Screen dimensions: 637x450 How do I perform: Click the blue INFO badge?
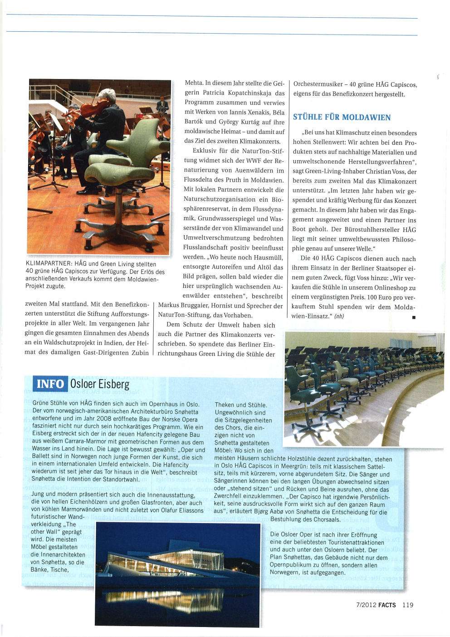[50, 384]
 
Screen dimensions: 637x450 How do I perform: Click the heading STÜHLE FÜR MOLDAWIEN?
[342, 117]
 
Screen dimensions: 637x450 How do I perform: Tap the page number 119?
[407, 605]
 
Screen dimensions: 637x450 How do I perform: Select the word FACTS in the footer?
[387, 605]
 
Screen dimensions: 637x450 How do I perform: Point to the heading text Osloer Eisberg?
[100, 384]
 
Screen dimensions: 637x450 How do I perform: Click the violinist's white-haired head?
[108, 95]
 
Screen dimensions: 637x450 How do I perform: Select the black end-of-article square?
[414, 317]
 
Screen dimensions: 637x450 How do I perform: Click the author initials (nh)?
[339, 316]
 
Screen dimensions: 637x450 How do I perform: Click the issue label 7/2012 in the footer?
[366, 605]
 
